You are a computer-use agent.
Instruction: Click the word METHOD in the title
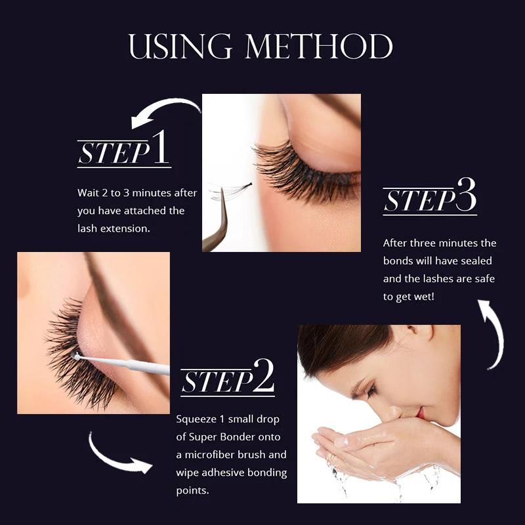point(319,47)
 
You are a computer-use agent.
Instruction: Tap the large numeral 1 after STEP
point(161,148)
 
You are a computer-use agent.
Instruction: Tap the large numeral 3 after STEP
point(465,198)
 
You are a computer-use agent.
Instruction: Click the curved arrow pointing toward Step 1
point(164,112)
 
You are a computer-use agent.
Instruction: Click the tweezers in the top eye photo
point(217,226)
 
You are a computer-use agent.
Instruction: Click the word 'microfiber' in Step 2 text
point(220,454)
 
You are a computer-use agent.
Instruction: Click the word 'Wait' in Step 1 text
point(88,193)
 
